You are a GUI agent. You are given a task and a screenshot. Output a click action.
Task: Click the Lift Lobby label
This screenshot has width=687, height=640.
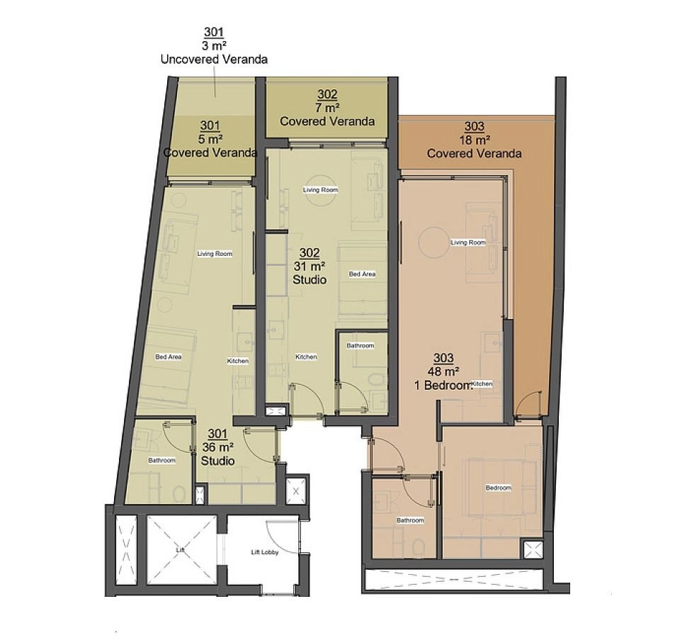click(265, 552)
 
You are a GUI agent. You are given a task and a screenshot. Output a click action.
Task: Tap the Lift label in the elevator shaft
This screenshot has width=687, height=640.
click(180, 550)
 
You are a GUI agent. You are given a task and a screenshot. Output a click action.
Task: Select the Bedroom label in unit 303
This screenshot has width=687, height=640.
click(499, 488)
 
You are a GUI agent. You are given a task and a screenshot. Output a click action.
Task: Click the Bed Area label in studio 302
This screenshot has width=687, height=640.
click(362, 274)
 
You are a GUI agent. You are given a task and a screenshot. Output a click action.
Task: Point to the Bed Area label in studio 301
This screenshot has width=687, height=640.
click(169, 357)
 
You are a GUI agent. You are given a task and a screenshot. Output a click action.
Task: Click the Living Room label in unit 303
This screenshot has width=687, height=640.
click(468, 242)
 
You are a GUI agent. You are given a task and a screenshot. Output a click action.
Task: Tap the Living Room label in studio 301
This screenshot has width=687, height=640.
click(215, 253)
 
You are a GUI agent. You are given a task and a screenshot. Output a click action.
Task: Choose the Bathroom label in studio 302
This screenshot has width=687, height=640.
click(360, 345)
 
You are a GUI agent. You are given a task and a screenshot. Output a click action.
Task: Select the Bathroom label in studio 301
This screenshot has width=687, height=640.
click(161, 460)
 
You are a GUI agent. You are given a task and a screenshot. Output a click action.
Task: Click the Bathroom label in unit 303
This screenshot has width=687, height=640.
click(411, 520)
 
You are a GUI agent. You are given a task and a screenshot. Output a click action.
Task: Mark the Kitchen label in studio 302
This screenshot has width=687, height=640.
click(306, 357)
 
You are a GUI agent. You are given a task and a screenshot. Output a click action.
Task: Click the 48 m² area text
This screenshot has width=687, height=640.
click(443, 371)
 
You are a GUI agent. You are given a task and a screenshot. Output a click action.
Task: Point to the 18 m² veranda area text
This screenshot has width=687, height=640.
click(474, 140)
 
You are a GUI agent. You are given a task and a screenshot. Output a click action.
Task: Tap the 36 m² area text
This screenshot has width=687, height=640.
click(217, 447)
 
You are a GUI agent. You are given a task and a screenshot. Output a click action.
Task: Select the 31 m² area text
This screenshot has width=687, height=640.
click(310, 266)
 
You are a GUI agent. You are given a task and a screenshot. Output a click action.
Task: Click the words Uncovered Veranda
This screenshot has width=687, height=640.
click(215, 59)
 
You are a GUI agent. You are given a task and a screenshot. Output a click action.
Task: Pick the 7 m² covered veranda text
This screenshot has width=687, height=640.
click(327, 108)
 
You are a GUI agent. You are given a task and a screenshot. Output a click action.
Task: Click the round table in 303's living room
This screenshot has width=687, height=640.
click(433, 242)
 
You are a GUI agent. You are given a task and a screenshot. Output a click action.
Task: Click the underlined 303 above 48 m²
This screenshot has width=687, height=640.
click(443, 358)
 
